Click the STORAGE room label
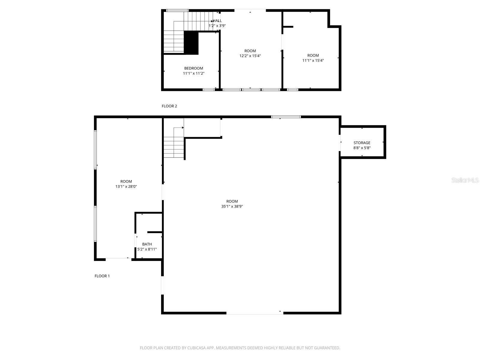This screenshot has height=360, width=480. tap(362, 143)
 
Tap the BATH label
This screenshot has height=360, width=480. tap(147, 244)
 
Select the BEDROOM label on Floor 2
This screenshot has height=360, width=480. tap(193, 68)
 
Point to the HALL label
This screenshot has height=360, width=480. tap(217, 21)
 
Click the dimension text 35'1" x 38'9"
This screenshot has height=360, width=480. tap(232, 206)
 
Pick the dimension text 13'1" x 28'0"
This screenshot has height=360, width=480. tap(126, 186)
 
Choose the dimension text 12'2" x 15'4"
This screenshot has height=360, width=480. tap(250, 56)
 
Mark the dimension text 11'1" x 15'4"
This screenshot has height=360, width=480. tap(313, 60)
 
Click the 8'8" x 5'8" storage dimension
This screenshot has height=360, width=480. tap(362, 148)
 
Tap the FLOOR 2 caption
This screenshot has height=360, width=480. tap(169, 106)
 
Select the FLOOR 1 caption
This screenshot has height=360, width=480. tap(102, 276)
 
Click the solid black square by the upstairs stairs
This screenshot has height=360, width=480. tap(191, 43)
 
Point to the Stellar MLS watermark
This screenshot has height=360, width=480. tap(465, 180)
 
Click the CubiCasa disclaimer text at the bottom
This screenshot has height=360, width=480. tap(240, 348)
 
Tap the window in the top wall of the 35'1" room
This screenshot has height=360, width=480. tap(286, 117)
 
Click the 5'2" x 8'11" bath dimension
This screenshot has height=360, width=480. tap(147, 249)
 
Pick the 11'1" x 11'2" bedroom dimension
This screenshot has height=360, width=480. tap(193, 73)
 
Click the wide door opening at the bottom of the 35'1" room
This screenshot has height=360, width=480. tap(255, 313)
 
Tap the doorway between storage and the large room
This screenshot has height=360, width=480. tap(340, 143)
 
